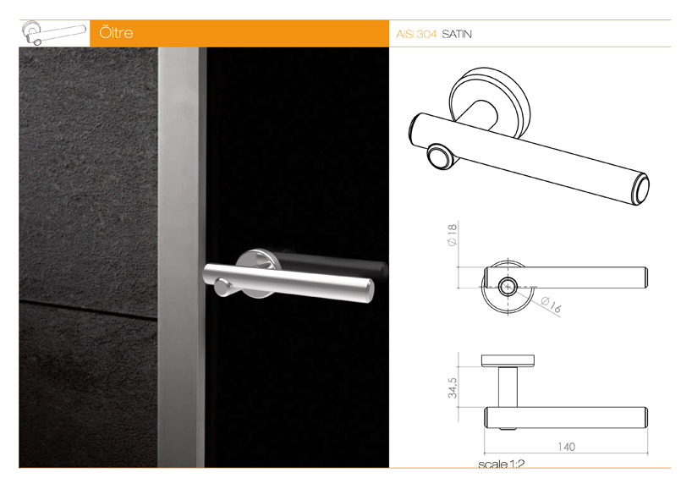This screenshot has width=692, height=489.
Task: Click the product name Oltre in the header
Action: [x=116, y=33]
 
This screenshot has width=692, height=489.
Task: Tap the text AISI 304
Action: [x=416, y=34]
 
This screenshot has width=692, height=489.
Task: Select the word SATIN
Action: [x=457, y=34]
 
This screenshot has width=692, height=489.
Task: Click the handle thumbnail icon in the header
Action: [x=54, y=33]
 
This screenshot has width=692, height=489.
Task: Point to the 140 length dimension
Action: [x=566, y=447]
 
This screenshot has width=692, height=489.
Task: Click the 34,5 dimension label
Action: [x=453, y=388]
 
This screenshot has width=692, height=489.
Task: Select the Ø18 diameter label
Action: [x=452, y=234]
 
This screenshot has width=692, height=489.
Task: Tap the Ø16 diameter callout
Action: [x=552, y=304]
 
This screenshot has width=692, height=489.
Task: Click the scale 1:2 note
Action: [x=501, y=464]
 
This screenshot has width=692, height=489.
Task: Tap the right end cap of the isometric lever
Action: [x=640, y=189]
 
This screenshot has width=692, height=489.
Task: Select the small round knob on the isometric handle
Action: [x=439, y=157]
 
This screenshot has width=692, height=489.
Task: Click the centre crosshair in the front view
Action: [x=508, y=287]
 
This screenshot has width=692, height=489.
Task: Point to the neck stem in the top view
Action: [x=508, y=387]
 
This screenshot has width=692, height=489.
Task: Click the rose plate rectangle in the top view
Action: [x=508, y=360]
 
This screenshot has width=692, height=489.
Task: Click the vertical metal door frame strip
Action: [x=181, y=257]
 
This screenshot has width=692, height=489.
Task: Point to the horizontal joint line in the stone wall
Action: [x=88, y=309]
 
